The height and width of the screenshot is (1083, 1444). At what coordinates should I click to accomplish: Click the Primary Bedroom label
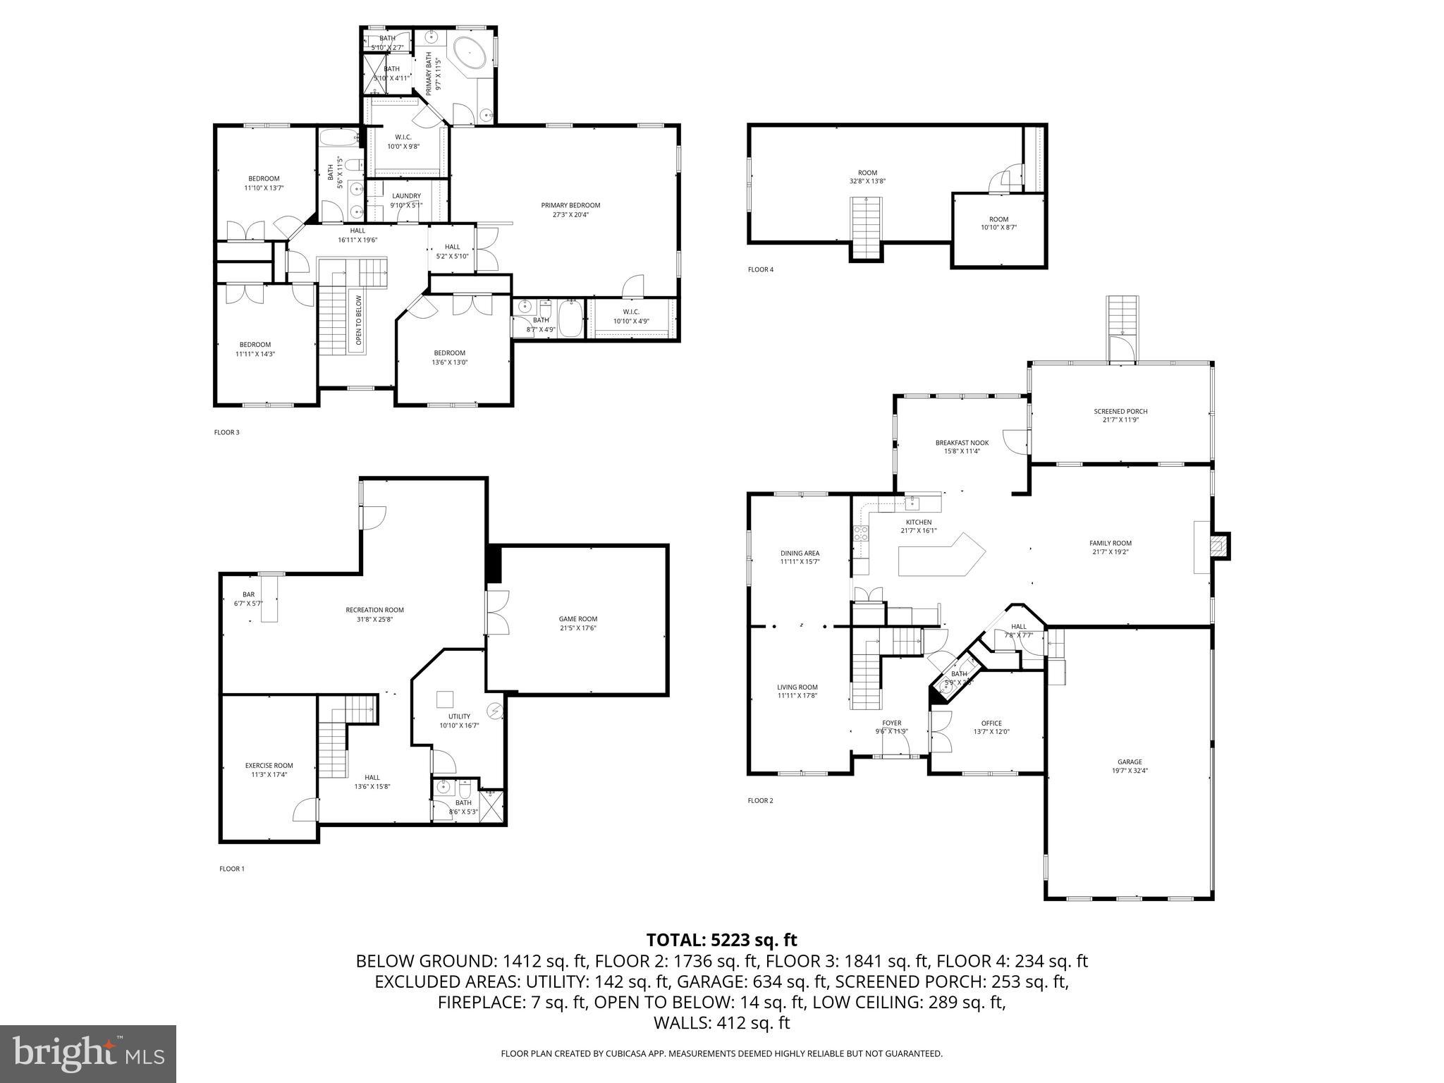[x=570, y=205]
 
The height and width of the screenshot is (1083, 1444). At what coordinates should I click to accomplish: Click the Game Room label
[x=577, y=619]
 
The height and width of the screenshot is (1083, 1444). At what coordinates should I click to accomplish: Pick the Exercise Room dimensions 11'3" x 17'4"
[x=269, y=774]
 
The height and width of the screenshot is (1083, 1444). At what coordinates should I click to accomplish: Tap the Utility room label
[x=459, y=716]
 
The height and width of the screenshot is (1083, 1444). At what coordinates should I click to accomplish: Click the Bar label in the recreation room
[x=248, y=594]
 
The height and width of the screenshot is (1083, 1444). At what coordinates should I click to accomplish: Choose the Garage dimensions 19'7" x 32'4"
[x=1129, y=771]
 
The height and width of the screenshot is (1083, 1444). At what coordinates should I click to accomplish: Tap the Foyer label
[x=891, y=723]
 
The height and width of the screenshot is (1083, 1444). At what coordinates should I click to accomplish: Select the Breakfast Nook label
[x=962, y=443]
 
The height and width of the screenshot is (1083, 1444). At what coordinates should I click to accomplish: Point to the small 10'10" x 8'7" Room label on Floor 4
[x=998, y=219]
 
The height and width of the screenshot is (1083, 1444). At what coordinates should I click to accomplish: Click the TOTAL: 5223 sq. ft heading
[x=721, y=940]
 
